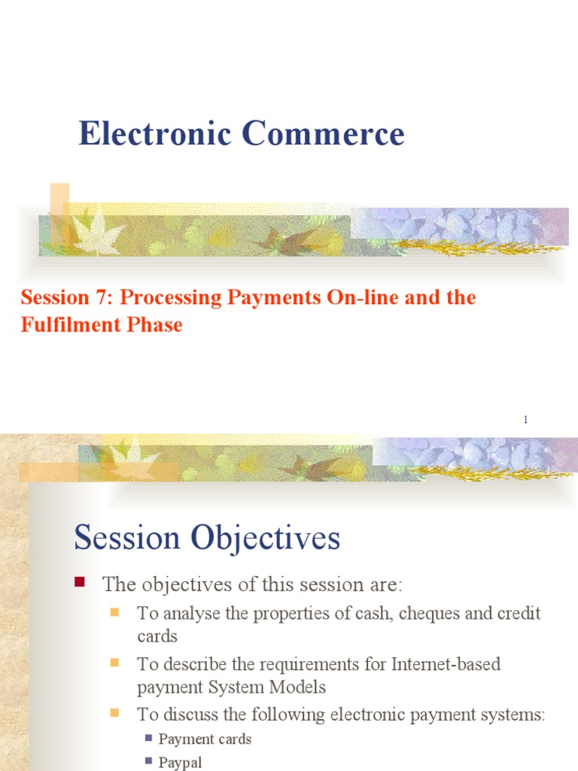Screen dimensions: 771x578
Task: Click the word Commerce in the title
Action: point(323,134)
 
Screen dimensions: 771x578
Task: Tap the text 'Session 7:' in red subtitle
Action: point(67,297)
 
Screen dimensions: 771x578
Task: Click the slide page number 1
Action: point(525,419)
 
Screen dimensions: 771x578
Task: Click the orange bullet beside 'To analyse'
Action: point(115,611)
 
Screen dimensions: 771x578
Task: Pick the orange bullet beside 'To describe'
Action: point(115,663)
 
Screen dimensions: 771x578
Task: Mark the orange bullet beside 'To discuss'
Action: point(115,712)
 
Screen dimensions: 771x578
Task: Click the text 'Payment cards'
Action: point(205,739)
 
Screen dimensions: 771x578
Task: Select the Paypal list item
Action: point(180,762)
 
